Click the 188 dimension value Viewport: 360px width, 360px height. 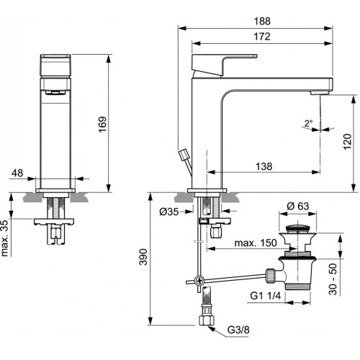(x=262, y=21)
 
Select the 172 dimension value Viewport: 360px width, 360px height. (x=262, y=37)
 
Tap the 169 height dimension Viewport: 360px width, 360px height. (x=102, y=125)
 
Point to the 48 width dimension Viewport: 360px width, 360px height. (x=17, y=173)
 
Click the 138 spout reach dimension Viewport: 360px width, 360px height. (x=264, y=166)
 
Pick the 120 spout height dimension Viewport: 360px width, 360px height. (x=347, y=142)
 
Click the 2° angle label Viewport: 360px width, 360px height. (x=309, y=123)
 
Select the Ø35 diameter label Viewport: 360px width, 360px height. (x=169, y=212)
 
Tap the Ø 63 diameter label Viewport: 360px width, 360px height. (x=298, y=206)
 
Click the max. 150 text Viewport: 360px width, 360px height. (x=256, y=243)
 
